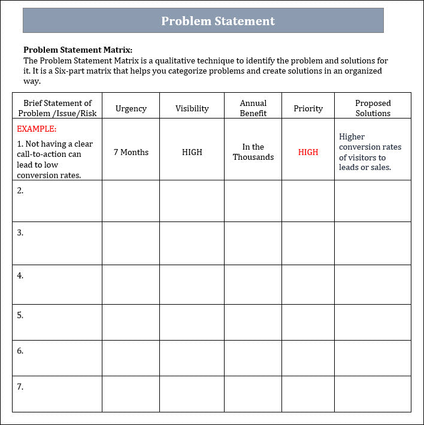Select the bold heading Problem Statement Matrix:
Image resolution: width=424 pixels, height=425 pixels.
(x=78, y=50)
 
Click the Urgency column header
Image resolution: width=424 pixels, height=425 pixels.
(x=131, y=108)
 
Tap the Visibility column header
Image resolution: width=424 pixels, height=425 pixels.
(x=192, y=108)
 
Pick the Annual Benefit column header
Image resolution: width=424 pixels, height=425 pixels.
(x=253, y=108)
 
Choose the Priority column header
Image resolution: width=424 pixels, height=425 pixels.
(x=308, y=108)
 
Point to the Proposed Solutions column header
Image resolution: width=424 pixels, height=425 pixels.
(x=372, y=108)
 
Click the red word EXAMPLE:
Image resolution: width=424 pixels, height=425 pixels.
(x=37, y=129)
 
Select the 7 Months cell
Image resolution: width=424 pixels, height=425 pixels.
(x=131, y=152)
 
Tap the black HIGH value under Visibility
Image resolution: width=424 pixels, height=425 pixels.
(x=192, y=152)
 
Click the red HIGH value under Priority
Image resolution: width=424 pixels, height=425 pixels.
(x=308, y=152)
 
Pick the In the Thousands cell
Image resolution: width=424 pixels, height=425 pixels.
(x=253, y=152)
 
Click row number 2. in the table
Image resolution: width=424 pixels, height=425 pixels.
(x=20, y=190)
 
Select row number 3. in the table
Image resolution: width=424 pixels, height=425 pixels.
(x=20, y=232)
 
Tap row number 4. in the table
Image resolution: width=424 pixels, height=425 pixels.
(x=20, y=275)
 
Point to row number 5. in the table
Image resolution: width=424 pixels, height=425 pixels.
(x=20, y=315)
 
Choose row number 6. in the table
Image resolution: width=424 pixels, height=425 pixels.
(x=20, y=351)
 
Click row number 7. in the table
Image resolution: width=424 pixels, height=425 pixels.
(x=20, y=387)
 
